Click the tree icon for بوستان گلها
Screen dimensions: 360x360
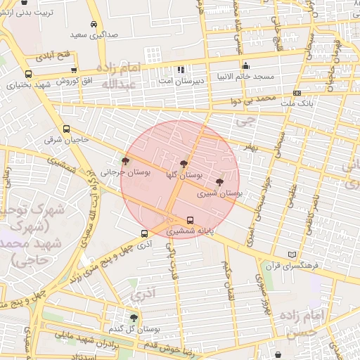pyautogui.click(x=184, y=164)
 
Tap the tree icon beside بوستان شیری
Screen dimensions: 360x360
pyautogui.click(x=220, y=181)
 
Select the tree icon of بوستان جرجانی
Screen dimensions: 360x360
pyautogui.click(x=125, y=162)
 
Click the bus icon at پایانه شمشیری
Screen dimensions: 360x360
pyautogui.click(x=190, y=220)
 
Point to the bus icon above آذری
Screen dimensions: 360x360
pyautogui.click(x=144, y=234)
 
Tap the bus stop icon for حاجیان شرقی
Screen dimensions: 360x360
pyautogui.click(x=66, y=129)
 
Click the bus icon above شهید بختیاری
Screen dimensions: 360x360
pyautogui.click(x=28, y=74)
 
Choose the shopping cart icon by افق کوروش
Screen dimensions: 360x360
pyautogui.click(x=74, y=70)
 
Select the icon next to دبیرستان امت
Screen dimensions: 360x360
pyautogui.click(x=181, y=70)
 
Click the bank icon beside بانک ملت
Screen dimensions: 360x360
pyautogui.click(x=297, y=93)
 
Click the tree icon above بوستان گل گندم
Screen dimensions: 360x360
pyautogui.click(x=134, y=318)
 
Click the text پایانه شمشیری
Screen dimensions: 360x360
pyautogui.click(x=189, y=231)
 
